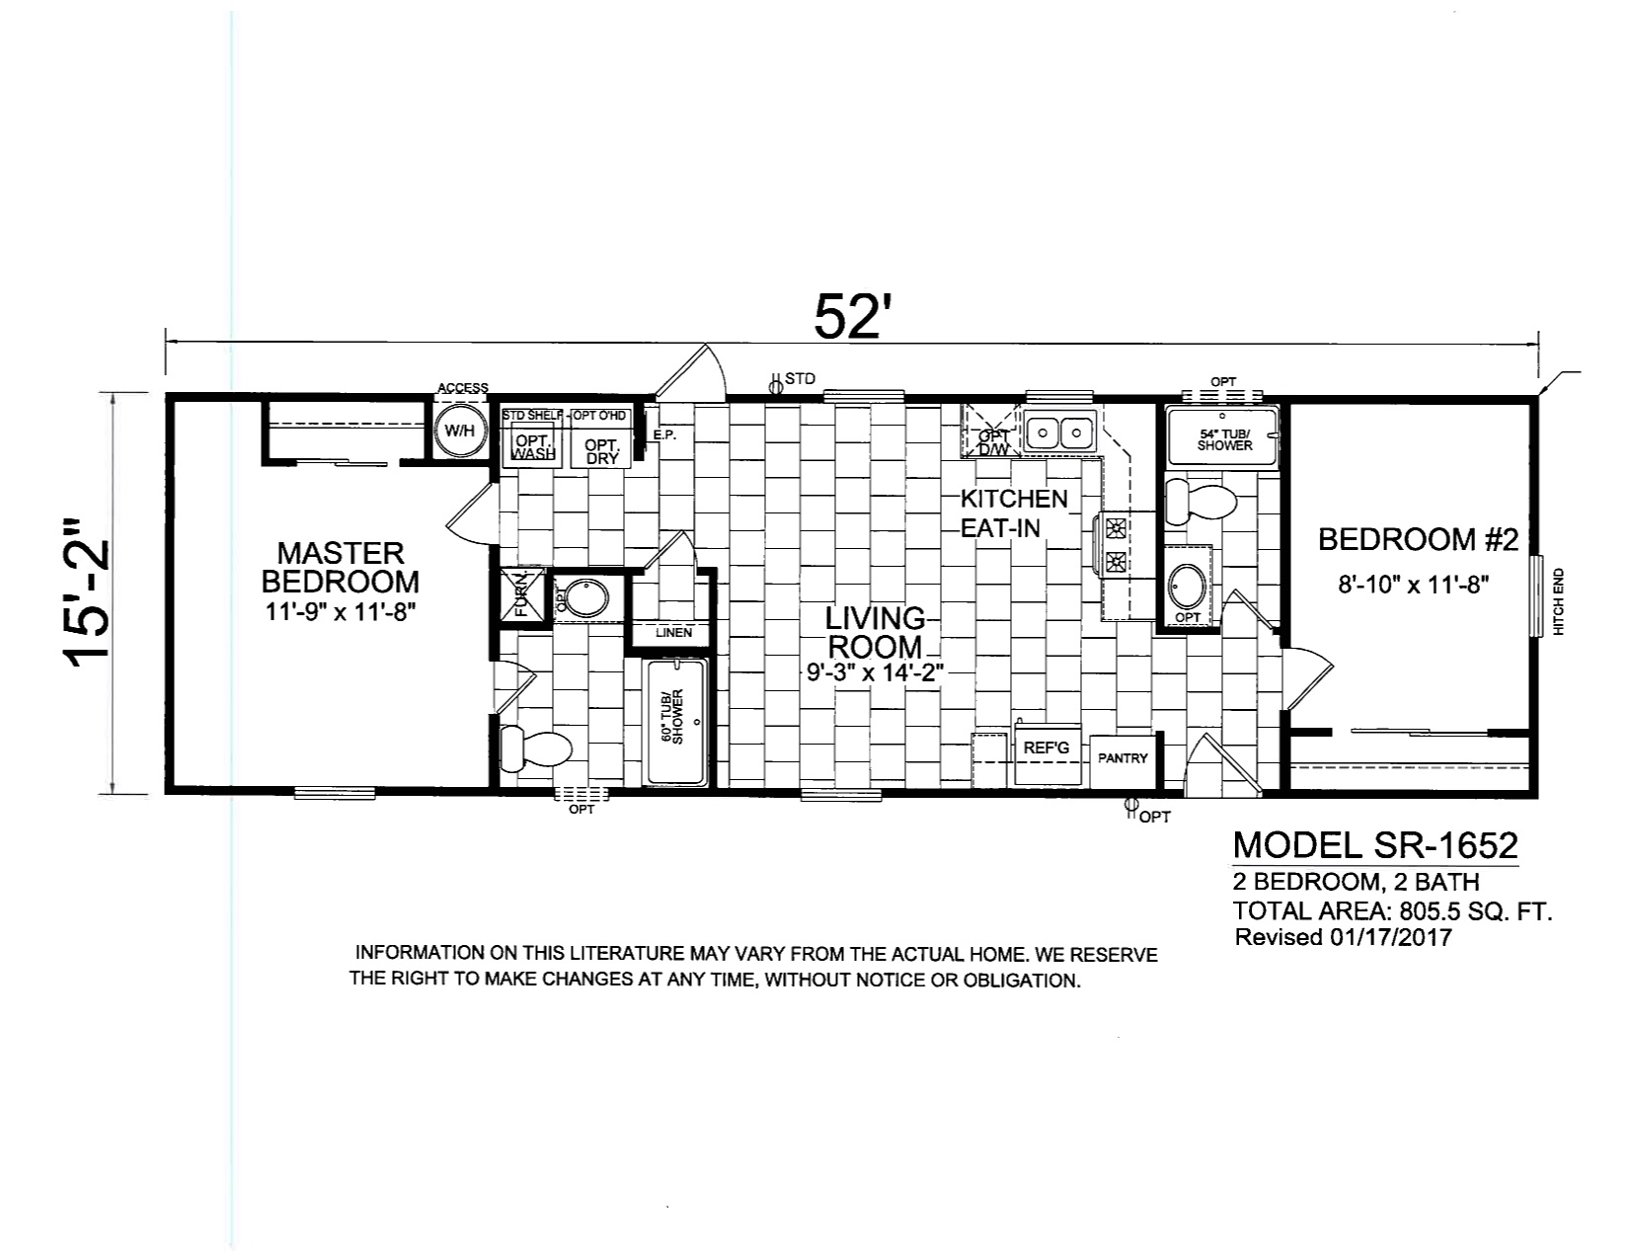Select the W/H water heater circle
point(460,431)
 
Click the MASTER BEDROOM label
point(341,567)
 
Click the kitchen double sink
point(1059,431)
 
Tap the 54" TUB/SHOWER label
point(1224,439)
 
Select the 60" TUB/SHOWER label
point(672,716)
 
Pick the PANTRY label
point(1123,758)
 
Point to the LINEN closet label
point(673,632)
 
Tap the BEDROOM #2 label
point(1418,540)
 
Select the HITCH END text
point(1559,602)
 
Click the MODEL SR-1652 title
point(1375,845)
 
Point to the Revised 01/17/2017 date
point(1343,937)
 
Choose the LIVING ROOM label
point(875,633)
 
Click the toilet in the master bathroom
point(534,748)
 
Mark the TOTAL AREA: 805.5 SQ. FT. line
point(1392,911)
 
